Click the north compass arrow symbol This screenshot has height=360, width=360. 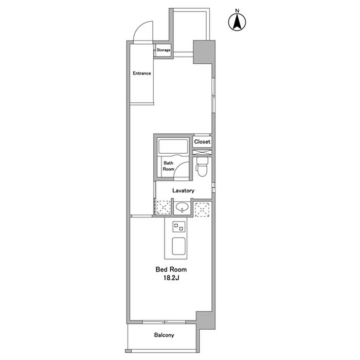pyautogui.click(x=237, y=22)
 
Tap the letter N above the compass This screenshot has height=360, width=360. pyautogui.click(x=237, y=10)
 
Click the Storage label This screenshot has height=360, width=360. pyautogui.click(x=164, y=50)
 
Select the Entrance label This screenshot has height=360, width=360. pyautogui.click(x=142, y=73)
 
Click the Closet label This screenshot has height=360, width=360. pyautogui.click(x=202, y=141)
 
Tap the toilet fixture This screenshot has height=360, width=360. pyautogui.click(x=202, y=167)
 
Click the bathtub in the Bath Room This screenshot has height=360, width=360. pyautogui.click(x=173, y=146)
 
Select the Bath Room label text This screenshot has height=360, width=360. pyautogui.click(x=169, y=166)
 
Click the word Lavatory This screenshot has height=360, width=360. pyautogui.click(x=183, y=190)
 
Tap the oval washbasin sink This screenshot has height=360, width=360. pyautogui.click(x=182, y=207)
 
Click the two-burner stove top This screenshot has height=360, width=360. pyautogui.click(x=179, y=227)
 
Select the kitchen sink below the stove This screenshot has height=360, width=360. pyautogui.click(x=179, y=246)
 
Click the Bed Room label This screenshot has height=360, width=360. pyautogui.click(x=171, y=269)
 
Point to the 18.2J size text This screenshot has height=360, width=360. pyautogui.click(x=171, y=278)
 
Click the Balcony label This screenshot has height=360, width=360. pyautogui.click(x=164, y=335)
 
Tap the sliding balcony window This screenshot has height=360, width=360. pyautogui.click(x=164, y=322)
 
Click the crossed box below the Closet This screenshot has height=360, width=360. pyautogui.click(x=202, y=152)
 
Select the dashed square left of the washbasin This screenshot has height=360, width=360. pyautogui.click(x=164, y=208)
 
